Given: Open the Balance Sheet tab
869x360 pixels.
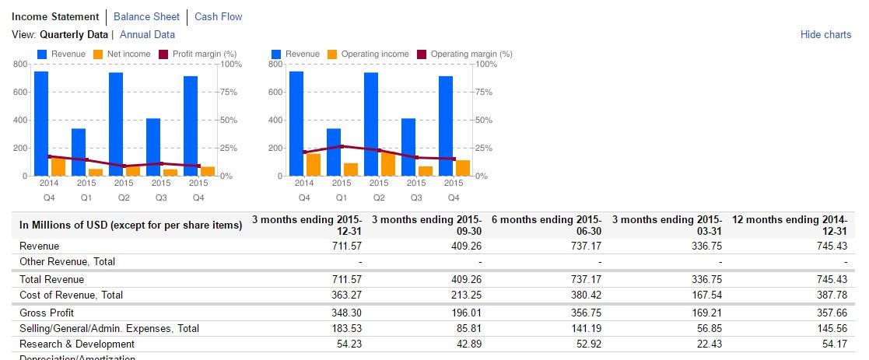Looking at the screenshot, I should tap(146, 16).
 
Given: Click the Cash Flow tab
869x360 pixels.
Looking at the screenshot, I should tap(218, 16).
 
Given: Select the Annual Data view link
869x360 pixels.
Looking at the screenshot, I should tap(147, 35).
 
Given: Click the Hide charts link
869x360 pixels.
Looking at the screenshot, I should tap(825, 35).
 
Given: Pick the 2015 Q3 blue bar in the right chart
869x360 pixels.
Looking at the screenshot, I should tap(408, 147).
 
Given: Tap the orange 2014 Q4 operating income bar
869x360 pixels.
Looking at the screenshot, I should tap(314, 165).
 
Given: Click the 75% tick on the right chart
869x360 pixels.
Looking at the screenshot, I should tap(482, 92).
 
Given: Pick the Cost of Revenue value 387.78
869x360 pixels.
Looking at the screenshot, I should tap(831, 295).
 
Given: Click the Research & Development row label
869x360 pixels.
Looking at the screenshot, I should tap(77, 344).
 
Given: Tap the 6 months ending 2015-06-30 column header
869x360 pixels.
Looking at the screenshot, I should tap(548, 225).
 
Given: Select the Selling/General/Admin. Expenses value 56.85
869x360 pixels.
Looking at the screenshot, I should tap(706, 329).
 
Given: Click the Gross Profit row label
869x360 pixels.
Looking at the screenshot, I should tap(47, 313).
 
